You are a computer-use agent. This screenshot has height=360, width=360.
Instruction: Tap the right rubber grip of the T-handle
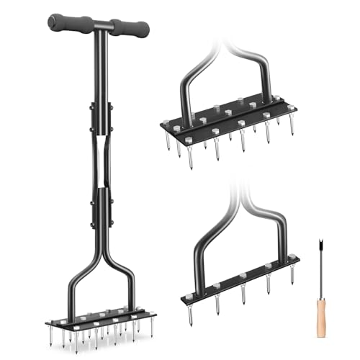(x=132, y=29)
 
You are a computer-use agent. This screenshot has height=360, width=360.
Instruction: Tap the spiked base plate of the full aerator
(x=101, y=318)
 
